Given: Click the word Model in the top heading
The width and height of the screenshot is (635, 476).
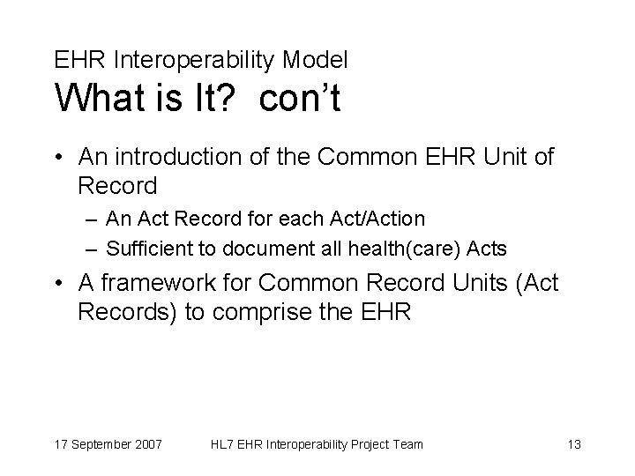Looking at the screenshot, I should click(316, 60).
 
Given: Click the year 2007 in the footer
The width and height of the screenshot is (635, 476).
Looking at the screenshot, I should click(146, 443).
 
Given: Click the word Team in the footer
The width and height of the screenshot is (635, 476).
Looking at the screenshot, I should click(406, 443).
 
